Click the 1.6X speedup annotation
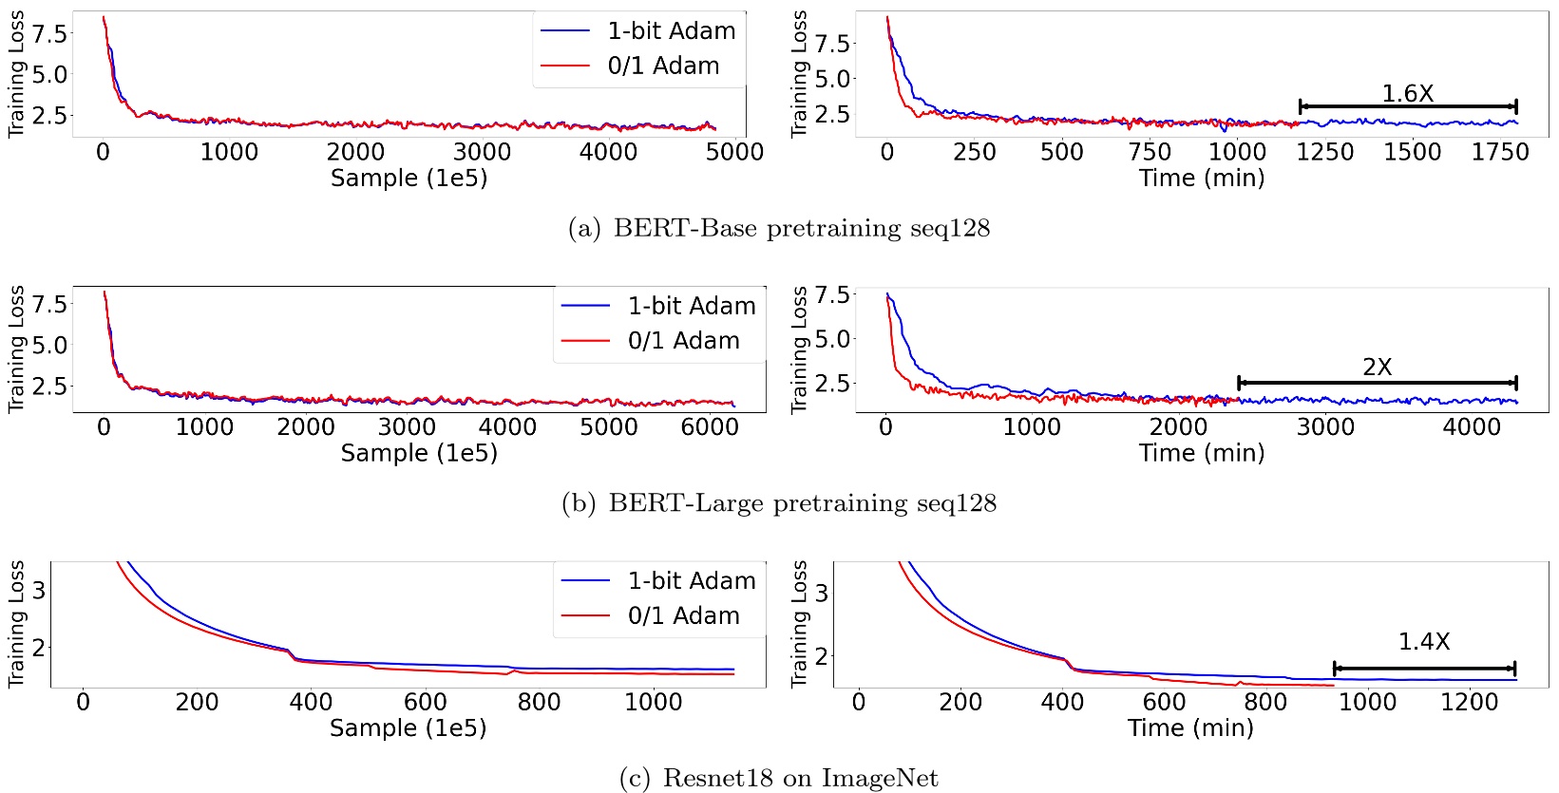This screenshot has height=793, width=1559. tap(1407, 94)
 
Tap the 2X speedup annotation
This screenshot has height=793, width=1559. tap(1377, 368)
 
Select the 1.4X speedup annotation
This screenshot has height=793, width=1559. tap(1423, 642)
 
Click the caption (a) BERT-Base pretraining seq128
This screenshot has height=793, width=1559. tap(779, 229)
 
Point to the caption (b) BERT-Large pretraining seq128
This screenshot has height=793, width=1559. tap(779, 503)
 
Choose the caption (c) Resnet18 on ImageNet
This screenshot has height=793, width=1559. tap(779, 779)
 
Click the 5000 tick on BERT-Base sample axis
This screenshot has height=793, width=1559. tap(734, 152)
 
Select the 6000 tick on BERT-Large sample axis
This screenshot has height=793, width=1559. tap(710, 427)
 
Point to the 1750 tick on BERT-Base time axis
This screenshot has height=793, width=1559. tap(1499, 152)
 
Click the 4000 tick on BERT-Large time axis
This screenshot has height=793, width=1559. tap(1472, 427)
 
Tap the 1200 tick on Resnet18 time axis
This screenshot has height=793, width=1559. tap(1469, 702)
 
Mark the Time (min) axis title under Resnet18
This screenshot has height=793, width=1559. tap(1190, 728)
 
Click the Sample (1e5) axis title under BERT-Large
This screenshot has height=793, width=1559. tap(419, 453)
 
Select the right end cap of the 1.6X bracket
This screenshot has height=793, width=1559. tap(1516, 106)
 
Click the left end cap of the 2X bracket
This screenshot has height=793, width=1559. tap(1239, 383)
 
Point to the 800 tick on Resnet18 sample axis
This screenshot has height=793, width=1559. tap(539, 702)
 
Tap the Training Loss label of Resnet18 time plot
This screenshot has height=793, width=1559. tap(800, 624)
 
